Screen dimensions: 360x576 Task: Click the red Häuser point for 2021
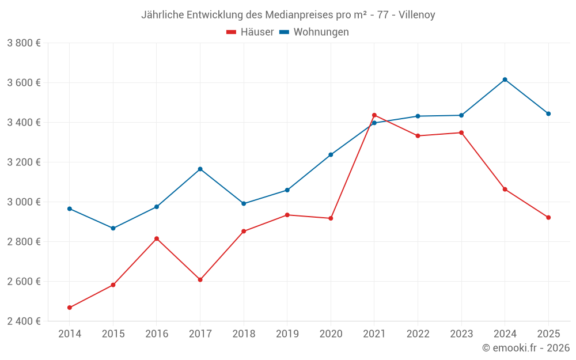[374, 115]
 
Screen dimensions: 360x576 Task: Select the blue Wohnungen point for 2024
[505, 79]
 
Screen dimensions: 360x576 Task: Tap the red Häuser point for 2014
[70, 308]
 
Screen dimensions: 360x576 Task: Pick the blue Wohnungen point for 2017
[200, 169]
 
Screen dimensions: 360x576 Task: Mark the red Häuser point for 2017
[200, 280]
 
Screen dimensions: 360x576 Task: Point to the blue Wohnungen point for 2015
[113, 228]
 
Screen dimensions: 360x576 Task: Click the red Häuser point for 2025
[548, 217]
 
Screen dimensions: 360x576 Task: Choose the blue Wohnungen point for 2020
[331, 154]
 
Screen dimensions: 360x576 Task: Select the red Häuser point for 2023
[461, 132]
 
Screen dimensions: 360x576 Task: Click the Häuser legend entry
[250, 32]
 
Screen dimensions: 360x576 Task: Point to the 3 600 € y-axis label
[24, 82]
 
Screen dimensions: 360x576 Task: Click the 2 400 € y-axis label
[24, 321]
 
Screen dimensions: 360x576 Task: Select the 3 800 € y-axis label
[24, 43]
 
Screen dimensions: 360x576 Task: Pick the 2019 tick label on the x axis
[287, 334]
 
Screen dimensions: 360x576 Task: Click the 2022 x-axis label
[418, 334]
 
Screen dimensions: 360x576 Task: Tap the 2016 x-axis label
[156, 334]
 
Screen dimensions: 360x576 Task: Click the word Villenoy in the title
[416, 14]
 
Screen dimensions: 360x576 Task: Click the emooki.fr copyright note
[525, 348]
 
